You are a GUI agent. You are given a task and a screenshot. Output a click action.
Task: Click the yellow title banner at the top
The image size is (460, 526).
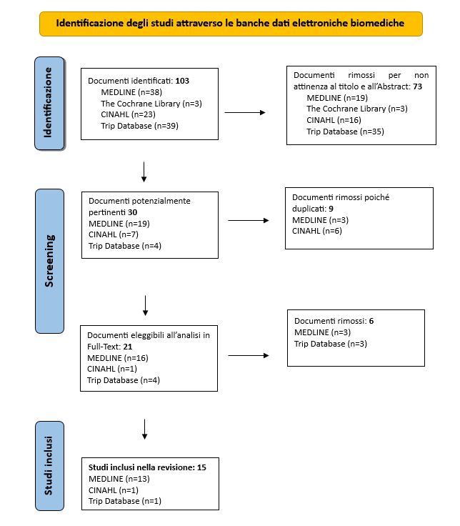pyautogui.click(x=231, y=24)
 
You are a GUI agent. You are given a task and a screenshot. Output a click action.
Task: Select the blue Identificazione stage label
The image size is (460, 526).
pyautogui.click(x=49, y=104)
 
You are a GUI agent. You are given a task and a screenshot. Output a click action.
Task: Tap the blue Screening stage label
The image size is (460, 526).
pyautogui.click(x=49, y=261)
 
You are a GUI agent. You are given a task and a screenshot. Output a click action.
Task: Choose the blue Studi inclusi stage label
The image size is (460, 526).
pyautogui.click(x=49, y=466)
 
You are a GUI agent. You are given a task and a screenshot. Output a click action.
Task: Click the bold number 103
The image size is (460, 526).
pyautogui.click(x=182, y=81)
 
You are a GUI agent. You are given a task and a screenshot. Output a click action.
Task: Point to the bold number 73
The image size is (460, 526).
pyautogui.click(x=417, y=86)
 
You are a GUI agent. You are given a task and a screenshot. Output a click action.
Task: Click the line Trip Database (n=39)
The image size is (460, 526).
pyautogui.click(x=139, y=126)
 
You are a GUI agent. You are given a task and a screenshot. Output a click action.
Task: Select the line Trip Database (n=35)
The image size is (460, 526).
pyautogui.click(x=345, y=131)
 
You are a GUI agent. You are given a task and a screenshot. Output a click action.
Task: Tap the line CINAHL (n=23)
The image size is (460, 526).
pyautogui.click(x=128, y=114)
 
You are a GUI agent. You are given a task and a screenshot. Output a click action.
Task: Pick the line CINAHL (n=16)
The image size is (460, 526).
pyautogui.click(x=334, y=120)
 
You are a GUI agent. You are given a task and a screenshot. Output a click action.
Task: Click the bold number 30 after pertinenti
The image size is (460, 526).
pyautogui.click(x=132, y=212)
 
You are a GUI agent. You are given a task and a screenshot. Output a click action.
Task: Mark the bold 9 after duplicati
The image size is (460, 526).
pyautogui.click(x=331, y=209)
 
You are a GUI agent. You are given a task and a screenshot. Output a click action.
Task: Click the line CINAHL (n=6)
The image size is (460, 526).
pyautogui.click(x=317, y=231)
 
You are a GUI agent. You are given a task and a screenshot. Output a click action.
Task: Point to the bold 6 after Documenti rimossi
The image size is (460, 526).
pyautogui.click(x=371, y=321)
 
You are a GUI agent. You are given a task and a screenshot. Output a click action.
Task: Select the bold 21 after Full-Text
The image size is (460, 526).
pyautogui.click(x=127, y=347)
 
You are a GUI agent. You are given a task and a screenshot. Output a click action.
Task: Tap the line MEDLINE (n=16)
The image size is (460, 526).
pyautogui.click(x=118, y=358)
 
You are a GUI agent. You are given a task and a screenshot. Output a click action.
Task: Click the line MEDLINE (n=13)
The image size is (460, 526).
pyautogui.click(x=119, y=479)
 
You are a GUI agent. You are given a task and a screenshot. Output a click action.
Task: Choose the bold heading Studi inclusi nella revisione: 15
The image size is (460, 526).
pyautogui.click(x=147, y=467)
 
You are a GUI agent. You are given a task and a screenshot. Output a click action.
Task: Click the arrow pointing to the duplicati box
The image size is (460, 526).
pyautogui.click(x=249, y=220)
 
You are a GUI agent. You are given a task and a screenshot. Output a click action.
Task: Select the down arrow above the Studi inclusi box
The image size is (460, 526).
pyautogui.click(x=144, y=429)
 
